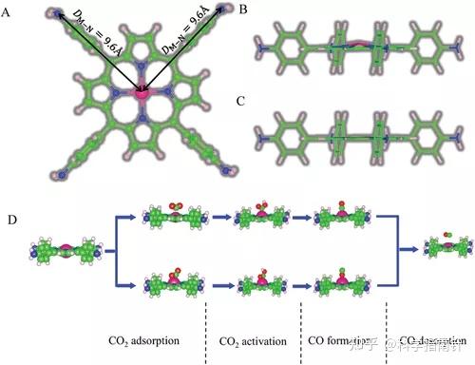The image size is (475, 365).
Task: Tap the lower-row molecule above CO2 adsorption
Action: pos(171,281)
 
